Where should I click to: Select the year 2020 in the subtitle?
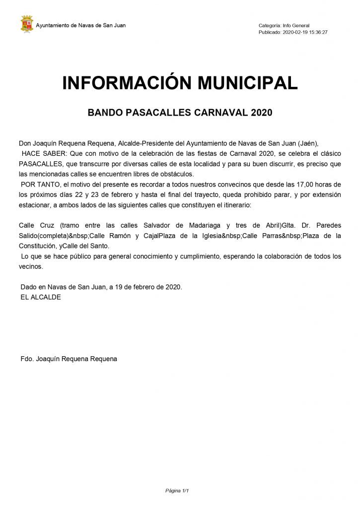262,113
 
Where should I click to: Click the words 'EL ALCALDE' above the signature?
41,297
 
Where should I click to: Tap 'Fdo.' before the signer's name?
27,359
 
